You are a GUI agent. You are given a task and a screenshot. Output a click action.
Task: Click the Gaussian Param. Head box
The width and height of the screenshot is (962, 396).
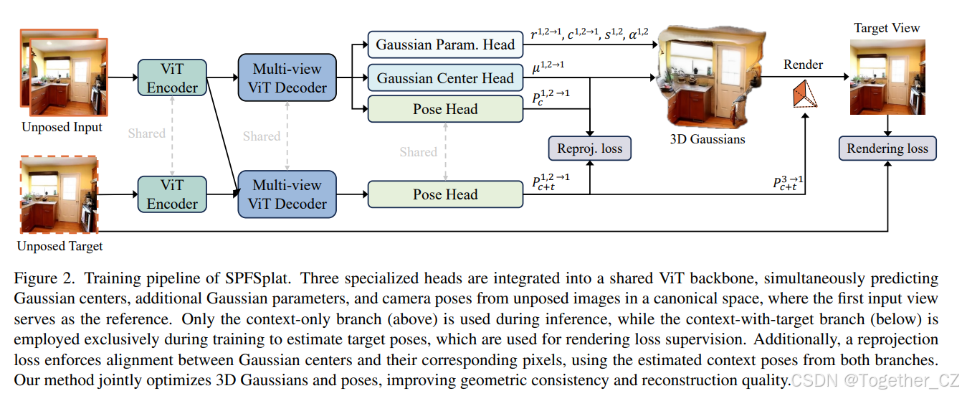click(x=445, y=44)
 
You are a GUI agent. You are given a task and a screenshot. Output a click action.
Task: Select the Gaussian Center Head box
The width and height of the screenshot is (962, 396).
click(x=445, y=77)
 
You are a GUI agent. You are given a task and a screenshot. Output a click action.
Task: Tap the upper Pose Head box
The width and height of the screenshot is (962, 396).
click(x=445, y=109)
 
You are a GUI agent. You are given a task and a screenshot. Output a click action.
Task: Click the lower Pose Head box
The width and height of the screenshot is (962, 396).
click(x=445, y=194)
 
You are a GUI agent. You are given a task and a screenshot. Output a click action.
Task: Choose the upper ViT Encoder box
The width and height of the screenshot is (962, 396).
click(x=172, y=77)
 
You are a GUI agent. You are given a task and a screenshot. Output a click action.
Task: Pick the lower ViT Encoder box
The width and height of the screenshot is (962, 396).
click(x=172, y=194)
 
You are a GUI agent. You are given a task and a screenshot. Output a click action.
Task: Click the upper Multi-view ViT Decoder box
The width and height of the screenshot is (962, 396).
click(x=287, y=78)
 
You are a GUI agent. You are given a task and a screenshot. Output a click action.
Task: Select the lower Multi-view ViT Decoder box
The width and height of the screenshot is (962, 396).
click(x=287, y=194)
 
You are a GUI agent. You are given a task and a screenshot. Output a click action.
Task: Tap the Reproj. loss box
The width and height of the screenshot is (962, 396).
click(x=589, y=148)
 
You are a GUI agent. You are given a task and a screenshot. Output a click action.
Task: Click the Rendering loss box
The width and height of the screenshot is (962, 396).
click(x=887, y=148)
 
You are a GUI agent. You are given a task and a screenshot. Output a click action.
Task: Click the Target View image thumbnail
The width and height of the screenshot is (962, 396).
click(x=887, y=77)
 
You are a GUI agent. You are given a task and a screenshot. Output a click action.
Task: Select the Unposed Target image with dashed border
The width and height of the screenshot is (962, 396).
click(x=59, y=195)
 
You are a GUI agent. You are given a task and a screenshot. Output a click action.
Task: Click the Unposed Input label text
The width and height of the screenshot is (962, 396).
click(x=62, y=128)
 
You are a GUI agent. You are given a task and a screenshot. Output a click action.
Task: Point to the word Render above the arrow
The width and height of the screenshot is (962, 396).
click(x=803, y=65)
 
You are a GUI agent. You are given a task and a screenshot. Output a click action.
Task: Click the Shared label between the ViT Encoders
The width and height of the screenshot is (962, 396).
click(x=146, y=133)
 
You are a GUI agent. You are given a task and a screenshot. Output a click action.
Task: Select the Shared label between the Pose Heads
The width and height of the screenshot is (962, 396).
click(x=418, y=152)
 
